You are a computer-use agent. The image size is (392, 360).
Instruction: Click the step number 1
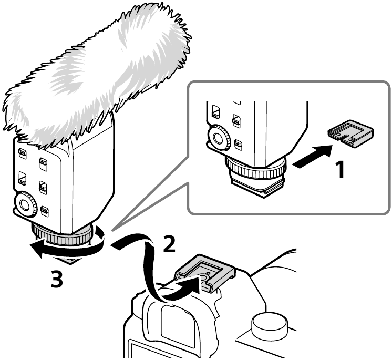click(340, 170)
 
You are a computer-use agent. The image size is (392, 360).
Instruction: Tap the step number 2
click(169, 243)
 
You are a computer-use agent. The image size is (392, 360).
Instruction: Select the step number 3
click(57, 279)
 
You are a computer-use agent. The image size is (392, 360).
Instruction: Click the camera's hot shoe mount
click(205, 273)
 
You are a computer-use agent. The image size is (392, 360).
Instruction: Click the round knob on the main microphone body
click(25, 204)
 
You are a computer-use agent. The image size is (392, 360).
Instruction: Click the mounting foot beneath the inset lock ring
click(257, 186)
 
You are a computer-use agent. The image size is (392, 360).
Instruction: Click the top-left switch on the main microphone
click(23, 153)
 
